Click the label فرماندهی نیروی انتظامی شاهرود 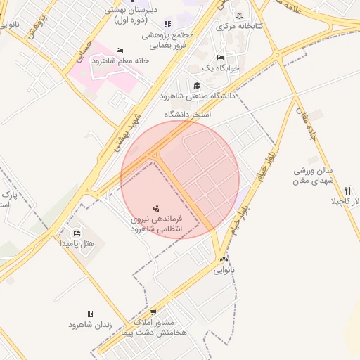click(x=156, y=224)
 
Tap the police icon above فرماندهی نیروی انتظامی click(x=156, y=208)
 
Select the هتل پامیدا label click(x=82, y=243)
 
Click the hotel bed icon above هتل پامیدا click(x=77, y=233)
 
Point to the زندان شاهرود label click(x=91, y=324)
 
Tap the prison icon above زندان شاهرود click(x=90, y=314)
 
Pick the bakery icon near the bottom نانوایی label click(x=224, y=259)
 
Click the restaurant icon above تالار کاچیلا click(x=347, y=191)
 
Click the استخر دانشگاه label click(x=188, y=113)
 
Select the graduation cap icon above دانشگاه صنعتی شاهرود click(x=197, y=86)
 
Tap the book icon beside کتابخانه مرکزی click(x=240, y=15)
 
